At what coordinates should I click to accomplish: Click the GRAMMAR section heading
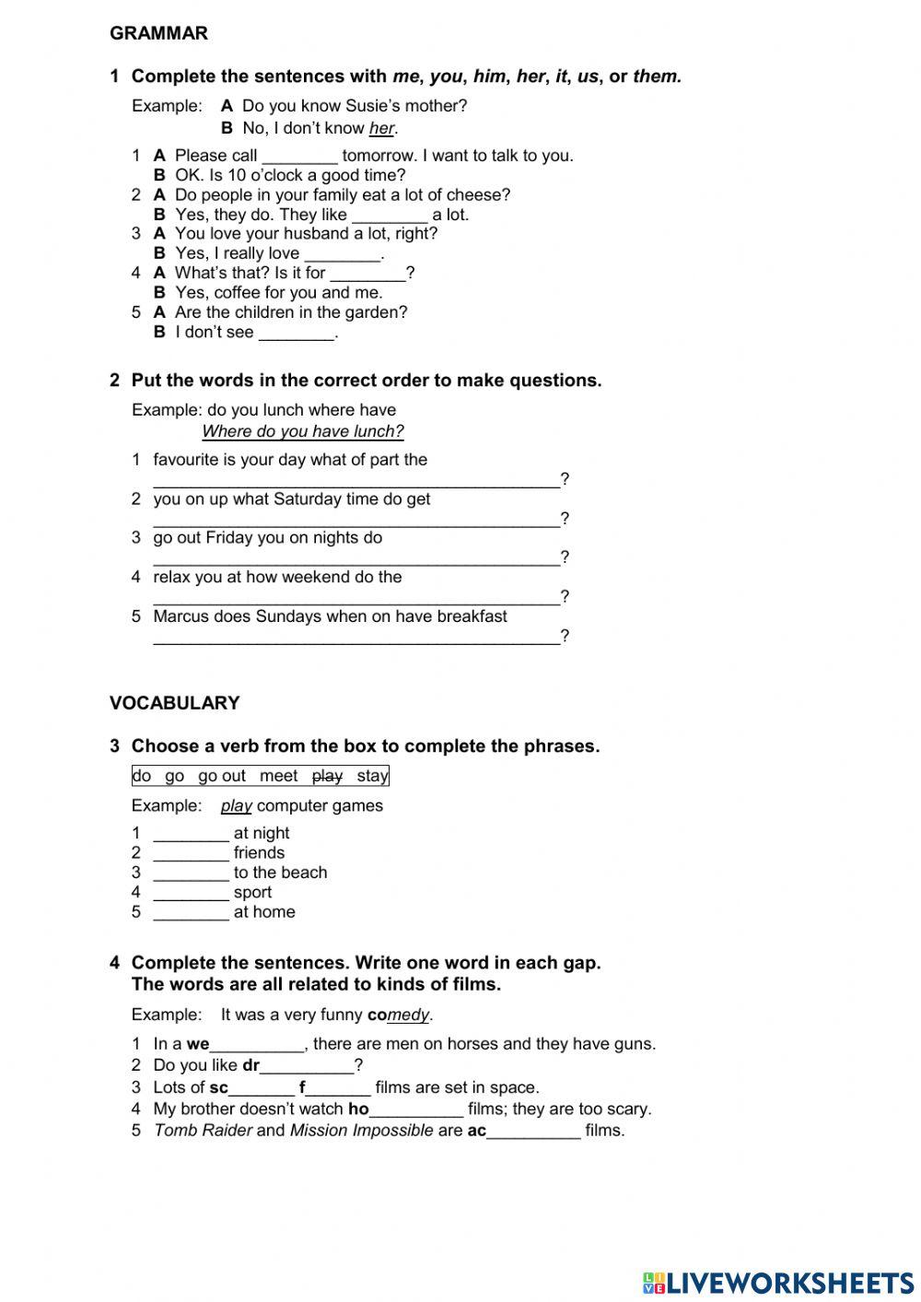(x=158, y=33)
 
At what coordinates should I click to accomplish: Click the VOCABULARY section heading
(x=174, y=703)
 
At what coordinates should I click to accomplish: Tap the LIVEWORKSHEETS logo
(x=778, y=1282)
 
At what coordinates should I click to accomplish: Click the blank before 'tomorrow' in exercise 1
(x=299, y=157)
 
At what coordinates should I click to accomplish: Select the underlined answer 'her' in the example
(x=381, y=129)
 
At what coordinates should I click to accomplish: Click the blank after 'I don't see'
(x=296, y=334)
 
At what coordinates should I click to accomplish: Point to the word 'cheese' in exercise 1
(x=478, y=195)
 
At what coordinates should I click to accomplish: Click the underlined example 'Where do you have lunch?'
(x=302, y=432)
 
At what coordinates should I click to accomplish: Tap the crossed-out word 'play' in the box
(x=327, y=776)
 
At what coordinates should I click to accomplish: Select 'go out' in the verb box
(x=221, y=776)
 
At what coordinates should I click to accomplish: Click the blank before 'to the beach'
(x=191, y=874)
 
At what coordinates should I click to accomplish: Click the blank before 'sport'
(x=191, y=893)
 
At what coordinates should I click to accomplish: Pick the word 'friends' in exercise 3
(x=259, y=853)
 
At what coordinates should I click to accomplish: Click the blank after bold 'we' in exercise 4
(x=257, y=1046)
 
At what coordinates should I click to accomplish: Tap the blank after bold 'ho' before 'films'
(x=416, y=1110)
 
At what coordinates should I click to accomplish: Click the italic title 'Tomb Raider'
(x=202, y=1131)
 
